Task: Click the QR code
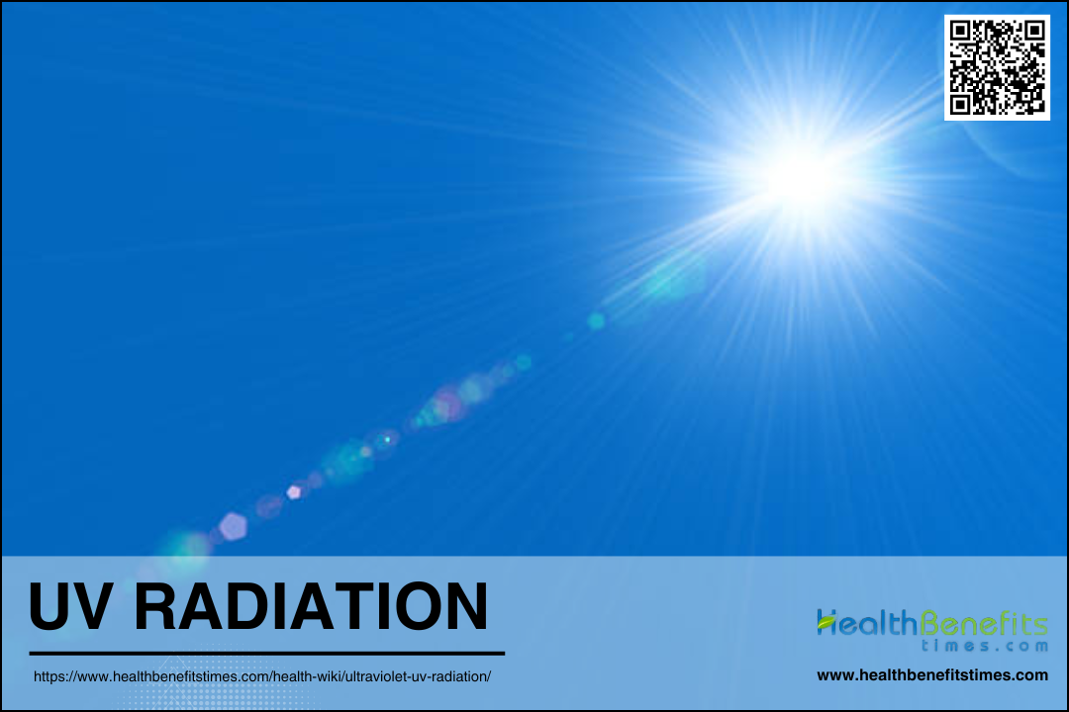pos(997,67)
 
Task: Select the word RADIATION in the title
pos(311,606)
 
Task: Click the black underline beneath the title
pos(266,654)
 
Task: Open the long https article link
pos(261,676)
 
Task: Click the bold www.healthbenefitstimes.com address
pos(932,675)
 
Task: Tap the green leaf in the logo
pos(826,621)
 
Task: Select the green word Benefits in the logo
pos(983,622)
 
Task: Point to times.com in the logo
pos(985,645)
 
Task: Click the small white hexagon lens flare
pos(294,491)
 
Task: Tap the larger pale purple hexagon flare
pos(234,527)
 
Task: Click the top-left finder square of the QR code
pos(960,31)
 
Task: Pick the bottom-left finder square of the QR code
pos(960,104)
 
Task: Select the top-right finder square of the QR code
pos(1034,31)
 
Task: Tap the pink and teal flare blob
pos(444,406)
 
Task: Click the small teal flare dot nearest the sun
pos(596,321)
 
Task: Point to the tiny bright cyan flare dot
pos(387,439)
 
